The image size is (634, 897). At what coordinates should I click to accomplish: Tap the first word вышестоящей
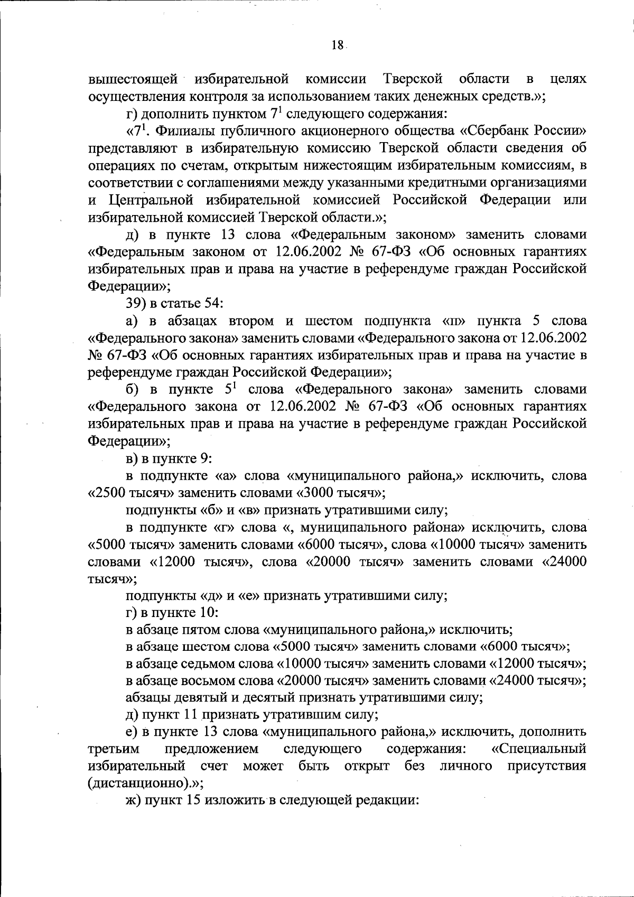[133, 80]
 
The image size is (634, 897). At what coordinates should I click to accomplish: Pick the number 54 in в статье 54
[193, 304]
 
